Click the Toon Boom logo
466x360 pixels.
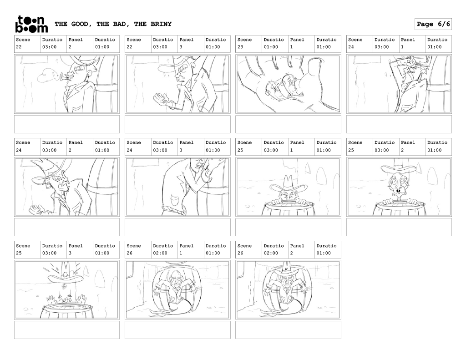(x=31, y=24)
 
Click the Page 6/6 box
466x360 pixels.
(x=433, y=24)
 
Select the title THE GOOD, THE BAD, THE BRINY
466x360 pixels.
(x=113, y=24)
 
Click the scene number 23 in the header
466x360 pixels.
(x=240, y=47)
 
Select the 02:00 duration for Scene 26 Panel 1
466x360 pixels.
(x=160, y=253)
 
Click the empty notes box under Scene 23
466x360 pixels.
(x=288, y=124)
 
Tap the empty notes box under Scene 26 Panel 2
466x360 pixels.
(x=288, y=330)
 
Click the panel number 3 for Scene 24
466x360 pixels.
(x=181, y=150)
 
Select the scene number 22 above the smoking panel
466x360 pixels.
(x=19, y=47)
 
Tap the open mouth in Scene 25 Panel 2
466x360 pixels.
(x=398, y=191)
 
